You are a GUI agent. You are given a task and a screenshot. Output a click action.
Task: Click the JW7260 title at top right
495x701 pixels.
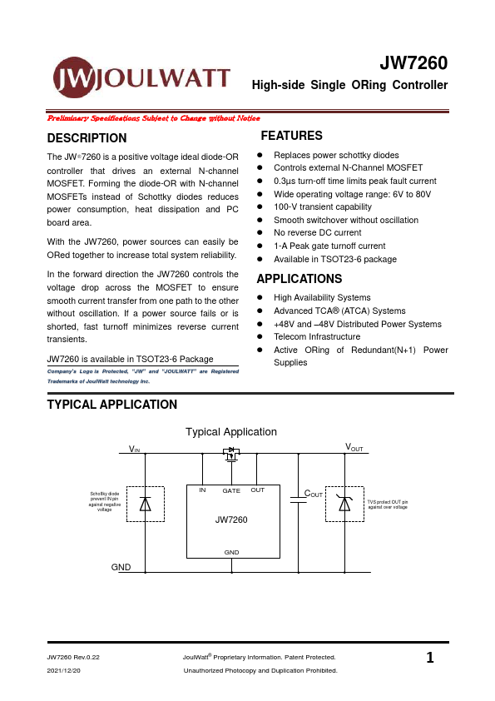coord(413,64)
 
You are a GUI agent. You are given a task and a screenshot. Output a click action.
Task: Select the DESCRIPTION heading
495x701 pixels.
coord(87,138)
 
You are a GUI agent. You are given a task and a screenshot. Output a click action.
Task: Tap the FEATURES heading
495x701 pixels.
coord(291,136)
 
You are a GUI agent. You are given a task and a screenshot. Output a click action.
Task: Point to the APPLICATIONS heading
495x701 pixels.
coord(299,279)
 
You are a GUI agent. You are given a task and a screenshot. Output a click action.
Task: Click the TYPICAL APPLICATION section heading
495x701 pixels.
coord(112,405)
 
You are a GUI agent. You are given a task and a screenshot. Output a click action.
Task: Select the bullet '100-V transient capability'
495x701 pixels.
coord(322,207)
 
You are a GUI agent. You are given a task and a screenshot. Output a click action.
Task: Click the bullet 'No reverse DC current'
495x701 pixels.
coord(318,233)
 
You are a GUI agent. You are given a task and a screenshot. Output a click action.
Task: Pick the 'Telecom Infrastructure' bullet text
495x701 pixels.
coord(317,337)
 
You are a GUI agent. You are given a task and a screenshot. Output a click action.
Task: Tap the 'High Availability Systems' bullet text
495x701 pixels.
coord(322,297)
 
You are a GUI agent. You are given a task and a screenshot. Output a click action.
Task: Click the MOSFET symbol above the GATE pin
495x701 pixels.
coord(231,455)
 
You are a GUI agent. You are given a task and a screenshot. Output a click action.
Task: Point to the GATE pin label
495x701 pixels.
coord(231,490)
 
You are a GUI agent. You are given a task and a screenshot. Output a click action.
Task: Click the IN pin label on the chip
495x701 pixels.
coord(202,490)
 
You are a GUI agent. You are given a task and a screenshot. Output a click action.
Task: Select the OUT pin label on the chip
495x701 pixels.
coord(257,490)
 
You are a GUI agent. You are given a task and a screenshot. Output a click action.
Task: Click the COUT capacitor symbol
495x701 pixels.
coord(296,499)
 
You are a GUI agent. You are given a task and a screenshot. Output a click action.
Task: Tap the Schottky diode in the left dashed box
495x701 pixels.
coord(146,504)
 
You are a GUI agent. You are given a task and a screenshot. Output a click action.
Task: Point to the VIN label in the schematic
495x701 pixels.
coord(135,449)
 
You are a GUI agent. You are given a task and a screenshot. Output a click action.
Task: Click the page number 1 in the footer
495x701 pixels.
coord(429,659)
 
